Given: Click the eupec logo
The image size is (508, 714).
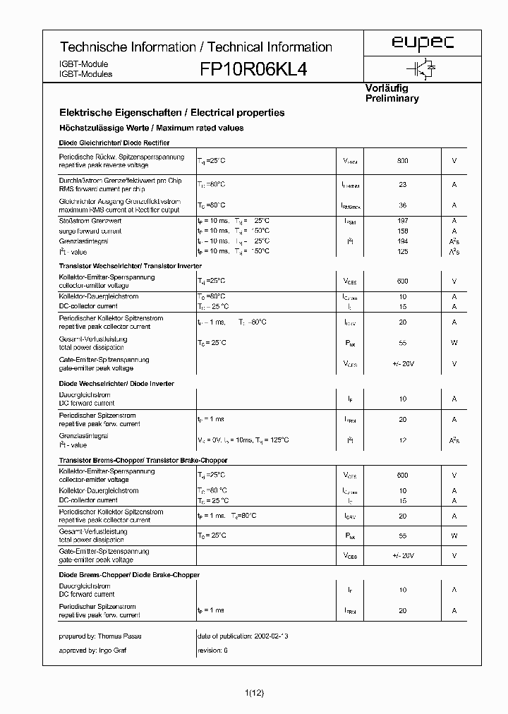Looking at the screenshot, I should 423,44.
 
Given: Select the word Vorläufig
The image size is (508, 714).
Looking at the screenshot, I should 386,88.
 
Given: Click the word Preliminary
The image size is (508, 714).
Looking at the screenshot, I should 392,99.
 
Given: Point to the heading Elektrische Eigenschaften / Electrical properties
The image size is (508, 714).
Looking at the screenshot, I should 171,112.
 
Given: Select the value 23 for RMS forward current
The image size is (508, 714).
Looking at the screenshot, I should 402,185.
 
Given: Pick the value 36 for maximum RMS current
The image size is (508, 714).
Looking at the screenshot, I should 402,205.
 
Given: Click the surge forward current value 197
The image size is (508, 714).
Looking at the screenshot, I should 402,221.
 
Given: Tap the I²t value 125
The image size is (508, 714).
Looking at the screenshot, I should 402,251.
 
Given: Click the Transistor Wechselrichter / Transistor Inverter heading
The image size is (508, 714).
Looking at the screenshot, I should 130,266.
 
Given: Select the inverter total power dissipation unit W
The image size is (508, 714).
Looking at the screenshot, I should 454,343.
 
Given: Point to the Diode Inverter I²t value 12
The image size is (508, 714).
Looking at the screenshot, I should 402,440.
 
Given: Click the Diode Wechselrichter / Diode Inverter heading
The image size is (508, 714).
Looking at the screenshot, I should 116,384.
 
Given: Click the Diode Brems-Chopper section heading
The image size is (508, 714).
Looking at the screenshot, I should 128,575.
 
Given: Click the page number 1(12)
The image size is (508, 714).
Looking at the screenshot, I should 254,694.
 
